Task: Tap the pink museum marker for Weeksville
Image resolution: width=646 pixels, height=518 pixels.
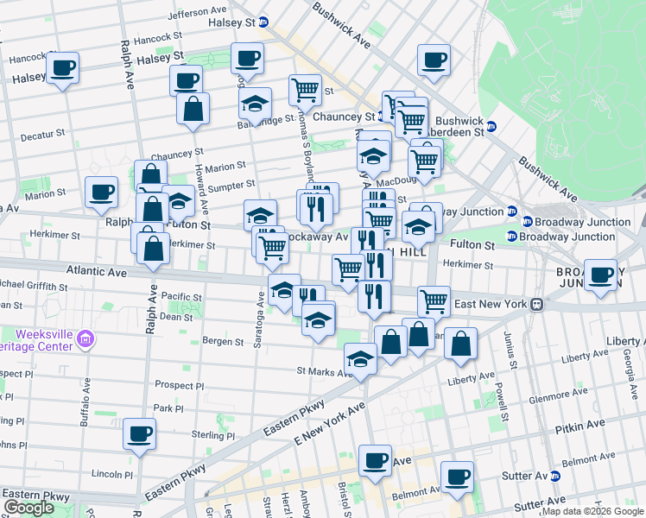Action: click(85, 338)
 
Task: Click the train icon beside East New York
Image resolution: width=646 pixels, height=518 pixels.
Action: click(536, 304)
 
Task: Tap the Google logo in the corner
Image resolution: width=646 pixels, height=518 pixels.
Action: click(28, 509)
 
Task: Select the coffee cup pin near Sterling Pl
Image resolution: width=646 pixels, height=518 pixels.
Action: click(139, 434)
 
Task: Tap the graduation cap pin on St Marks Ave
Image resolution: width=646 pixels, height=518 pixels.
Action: click(360, 359)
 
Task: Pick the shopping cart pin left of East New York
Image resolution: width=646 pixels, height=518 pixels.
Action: click(434, 301)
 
